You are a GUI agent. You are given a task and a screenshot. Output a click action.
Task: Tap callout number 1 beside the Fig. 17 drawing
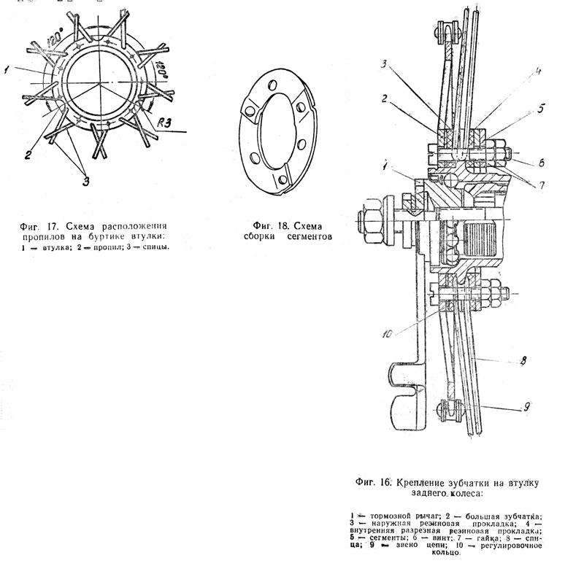point(6,70)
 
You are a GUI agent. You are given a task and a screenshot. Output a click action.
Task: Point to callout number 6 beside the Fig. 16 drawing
point(541,162)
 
